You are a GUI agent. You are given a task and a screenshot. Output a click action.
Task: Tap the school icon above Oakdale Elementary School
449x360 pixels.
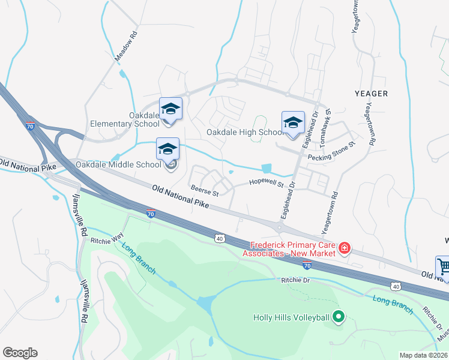click(x=170, y=109)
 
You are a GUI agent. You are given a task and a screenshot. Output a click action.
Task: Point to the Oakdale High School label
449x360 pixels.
click(x=245, y=132)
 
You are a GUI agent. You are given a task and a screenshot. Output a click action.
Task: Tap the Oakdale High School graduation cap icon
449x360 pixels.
click(x=293, y=122)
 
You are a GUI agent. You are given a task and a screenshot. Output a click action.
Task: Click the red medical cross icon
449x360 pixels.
click(x=345, y=248)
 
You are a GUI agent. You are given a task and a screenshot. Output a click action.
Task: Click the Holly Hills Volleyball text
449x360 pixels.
click(x=292, y=317)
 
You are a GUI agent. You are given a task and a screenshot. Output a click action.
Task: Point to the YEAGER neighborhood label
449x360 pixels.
click(x=371, y=94)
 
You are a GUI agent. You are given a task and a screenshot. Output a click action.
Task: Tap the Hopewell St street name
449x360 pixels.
click(x=267, y=184)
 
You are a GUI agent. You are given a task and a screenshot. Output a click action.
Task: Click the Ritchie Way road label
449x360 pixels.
click(x=107, y=240)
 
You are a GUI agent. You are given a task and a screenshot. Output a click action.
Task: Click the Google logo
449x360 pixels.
click(x=20, y=353)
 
